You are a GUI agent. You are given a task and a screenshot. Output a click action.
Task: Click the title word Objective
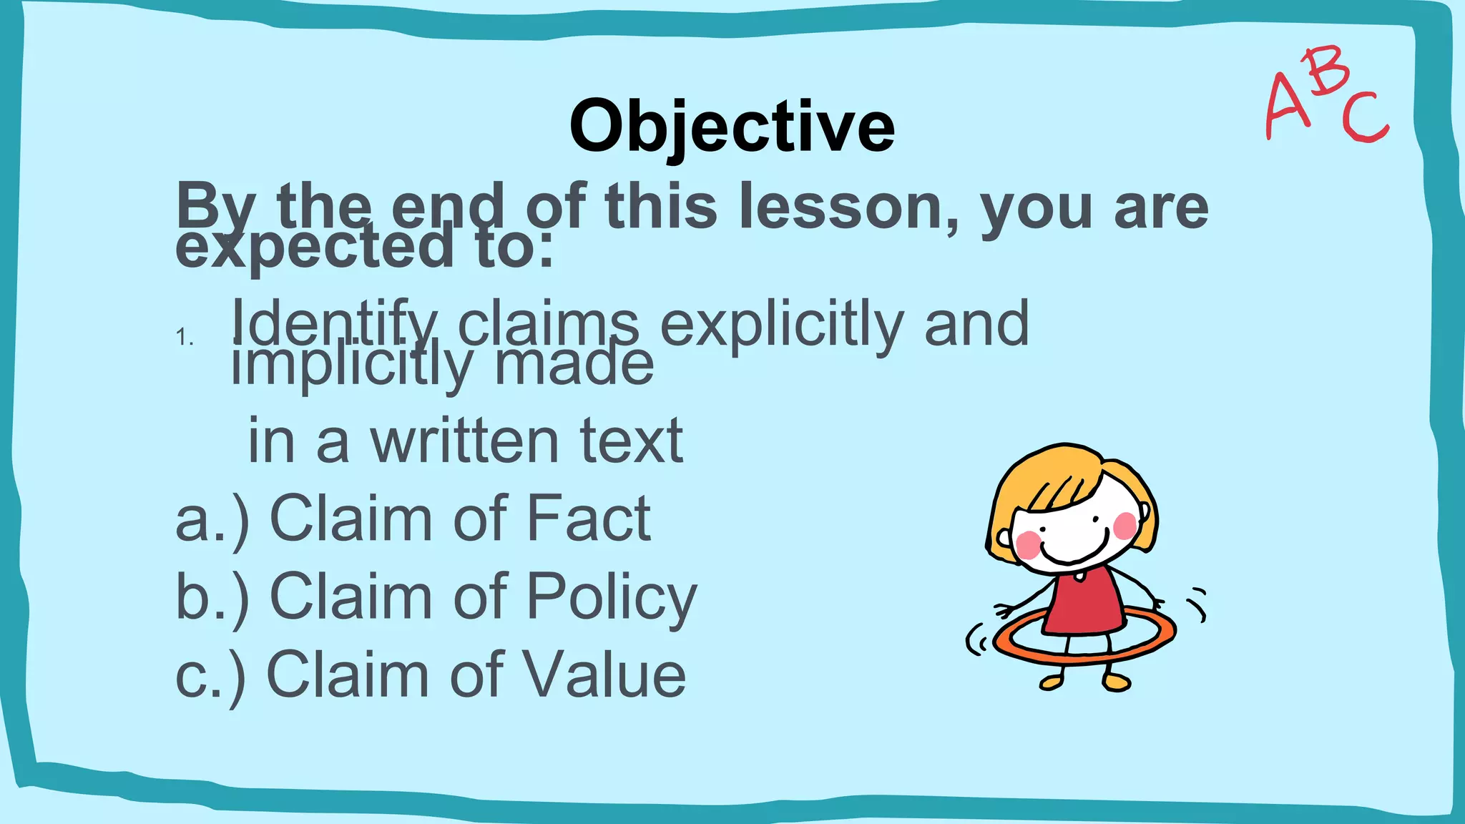pos(732,127)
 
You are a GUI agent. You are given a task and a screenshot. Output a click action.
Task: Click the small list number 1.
pos(184,337)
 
